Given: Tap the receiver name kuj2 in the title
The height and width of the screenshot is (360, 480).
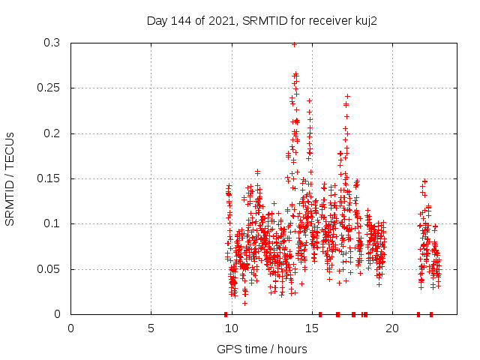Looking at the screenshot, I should [364, 21].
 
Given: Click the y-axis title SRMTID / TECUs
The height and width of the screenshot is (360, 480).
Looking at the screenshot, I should [10, 178].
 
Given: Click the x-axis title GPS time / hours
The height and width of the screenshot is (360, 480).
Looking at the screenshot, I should [262, 349].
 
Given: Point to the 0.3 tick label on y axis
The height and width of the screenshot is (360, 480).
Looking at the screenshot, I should [52, 43].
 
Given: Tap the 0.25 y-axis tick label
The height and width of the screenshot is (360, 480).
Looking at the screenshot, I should [49, 88].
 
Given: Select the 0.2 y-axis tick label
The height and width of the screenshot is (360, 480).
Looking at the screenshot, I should [52, 133].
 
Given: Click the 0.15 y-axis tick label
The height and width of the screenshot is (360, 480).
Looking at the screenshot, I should [49, 178].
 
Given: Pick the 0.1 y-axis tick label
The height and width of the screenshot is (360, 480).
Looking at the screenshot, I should [52, 223].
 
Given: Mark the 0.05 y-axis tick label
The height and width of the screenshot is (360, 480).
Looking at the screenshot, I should [49, 268].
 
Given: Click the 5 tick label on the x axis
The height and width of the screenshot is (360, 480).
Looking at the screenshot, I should [151, 327].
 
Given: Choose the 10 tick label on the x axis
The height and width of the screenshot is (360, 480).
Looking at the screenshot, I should [231, 327].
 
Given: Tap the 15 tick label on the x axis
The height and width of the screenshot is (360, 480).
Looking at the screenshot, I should [311, 327].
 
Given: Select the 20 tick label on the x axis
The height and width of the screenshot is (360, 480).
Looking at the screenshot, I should [391, 327].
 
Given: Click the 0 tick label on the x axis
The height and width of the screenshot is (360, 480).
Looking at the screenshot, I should [70, 327].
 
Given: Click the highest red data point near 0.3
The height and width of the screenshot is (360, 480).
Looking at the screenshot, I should [294, 44].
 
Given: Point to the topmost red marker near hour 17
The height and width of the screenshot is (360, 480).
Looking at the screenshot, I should [347, 96].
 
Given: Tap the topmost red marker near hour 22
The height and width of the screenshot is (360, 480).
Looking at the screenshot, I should [424, 181].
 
